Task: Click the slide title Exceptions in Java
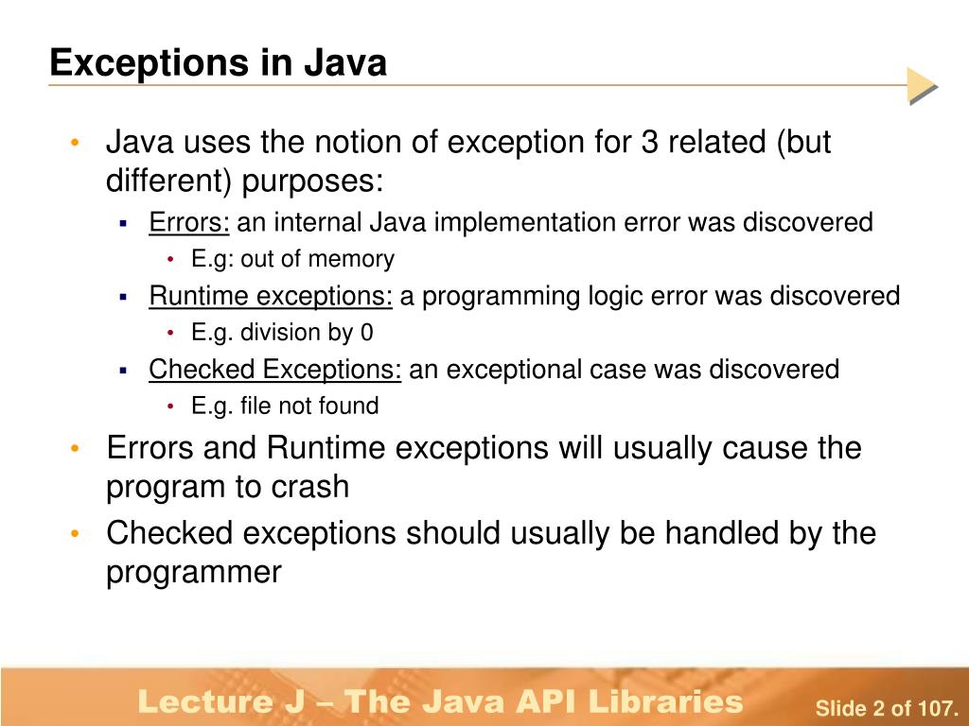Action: tap(219, 63)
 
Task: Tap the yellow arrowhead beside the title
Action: tap(921, 86)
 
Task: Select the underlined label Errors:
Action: tap(189, 223)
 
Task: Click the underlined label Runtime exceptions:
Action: tap(271, 297)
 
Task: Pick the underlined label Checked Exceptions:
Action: tap(275, 370)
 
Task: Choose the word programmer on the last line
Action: tap(194, 572)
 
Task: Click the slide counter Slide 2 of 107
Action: tap(888, 708)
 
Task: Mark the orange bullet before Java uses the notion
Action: tap(75, 144)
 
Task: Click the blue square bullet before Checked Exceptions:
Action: tap(123, 371)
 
